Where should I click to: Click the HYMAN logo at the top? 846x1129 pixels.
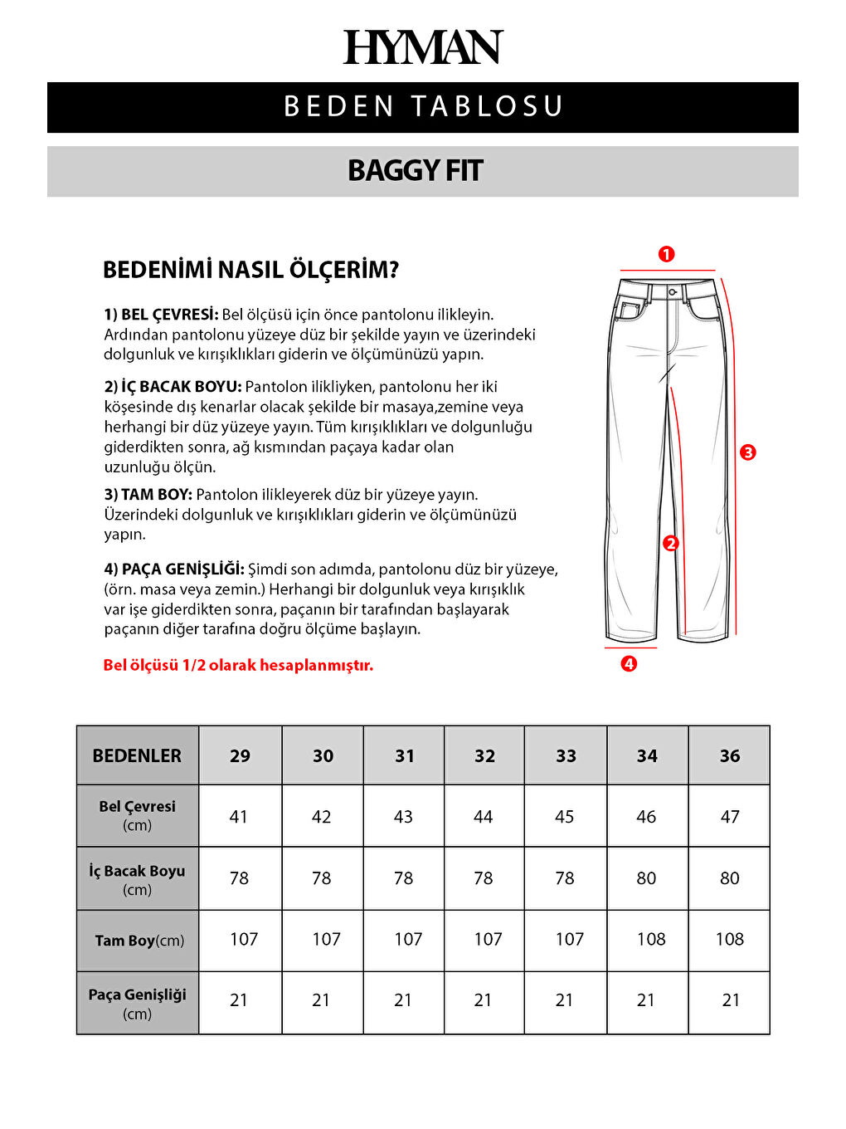coord(423,47)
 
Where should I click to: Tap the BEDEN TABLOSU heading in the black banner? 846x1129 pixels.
coord(423,107)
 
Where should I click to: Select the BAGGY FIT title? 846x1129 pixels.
coord(415,171)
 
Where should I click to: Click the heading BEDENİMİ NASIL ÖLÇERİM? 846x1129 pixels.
coord(250,270)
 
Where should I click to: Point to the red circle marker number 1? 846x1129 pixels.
coord(666,255)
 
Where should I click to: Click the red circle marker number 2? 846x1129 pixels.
coord(671,544)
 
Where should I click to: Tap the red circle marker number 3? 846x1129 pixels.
coord(748,452)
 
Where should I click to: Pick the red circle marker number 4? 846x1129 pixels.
coord(629,664)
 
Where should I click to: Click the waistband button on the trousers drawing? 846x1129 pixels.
coord(673,292)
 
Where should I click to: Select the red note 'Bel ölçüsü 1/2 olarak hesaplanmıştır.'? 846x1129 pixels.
coord(238,665)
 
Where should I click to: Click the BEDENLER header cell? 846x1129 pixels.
coord(137,755)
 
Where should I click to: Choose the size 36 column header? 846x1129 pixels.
coord(729,755)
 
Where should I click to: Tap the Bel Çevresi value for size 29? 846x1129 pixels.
coord(239,817)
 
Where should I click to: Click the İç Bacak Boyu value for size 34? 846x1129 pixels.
coord(646,878)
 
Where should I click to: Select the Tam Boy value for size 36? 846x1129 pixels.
coord(729,939)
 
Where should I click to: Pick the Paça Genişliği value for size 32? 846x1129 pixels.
coord(483,1000)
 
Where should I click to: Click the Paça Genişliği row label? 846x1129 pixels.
coord(137,1003)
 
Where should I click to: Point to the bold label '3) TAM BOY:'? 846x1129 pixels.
coord(148,495)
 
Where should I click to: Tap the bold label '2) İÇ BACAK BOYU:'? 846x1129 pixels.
coord(173,387)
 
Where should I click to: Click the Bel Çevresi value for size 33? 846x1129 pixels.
coord(565,817)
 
